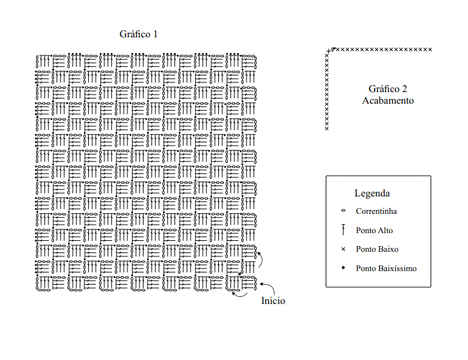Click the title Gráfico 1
click(138, 34)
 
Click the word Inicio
click(273, 301)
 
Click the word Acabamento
click(388, 100)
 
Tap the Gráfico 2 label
click(388, 89)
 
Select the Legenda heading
click(372, 193)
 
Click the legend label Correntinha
click(376, 211)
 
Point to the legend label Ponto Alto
click(374, 231)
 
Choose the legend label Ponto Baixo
click(377, 249)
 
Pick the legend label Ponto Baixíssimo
click(386, 269)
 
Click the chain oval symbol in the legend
click(343, 211)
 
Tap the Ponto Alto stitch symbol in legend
click(343, 230)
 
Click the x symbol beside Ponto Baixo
click(343, 249)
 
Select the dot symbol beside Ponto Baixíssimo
click(343, 268)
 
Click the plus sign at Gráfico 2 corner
click(328, 52)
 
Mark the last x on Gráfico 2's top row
click(430, 50)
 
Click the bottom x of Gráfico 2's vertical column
click(327, 129)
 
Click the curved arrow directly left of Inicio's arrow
click(239, 296)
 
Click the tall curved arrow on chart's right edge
click(261, 259)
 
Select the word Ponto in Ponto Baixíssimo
click(366, 269)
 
